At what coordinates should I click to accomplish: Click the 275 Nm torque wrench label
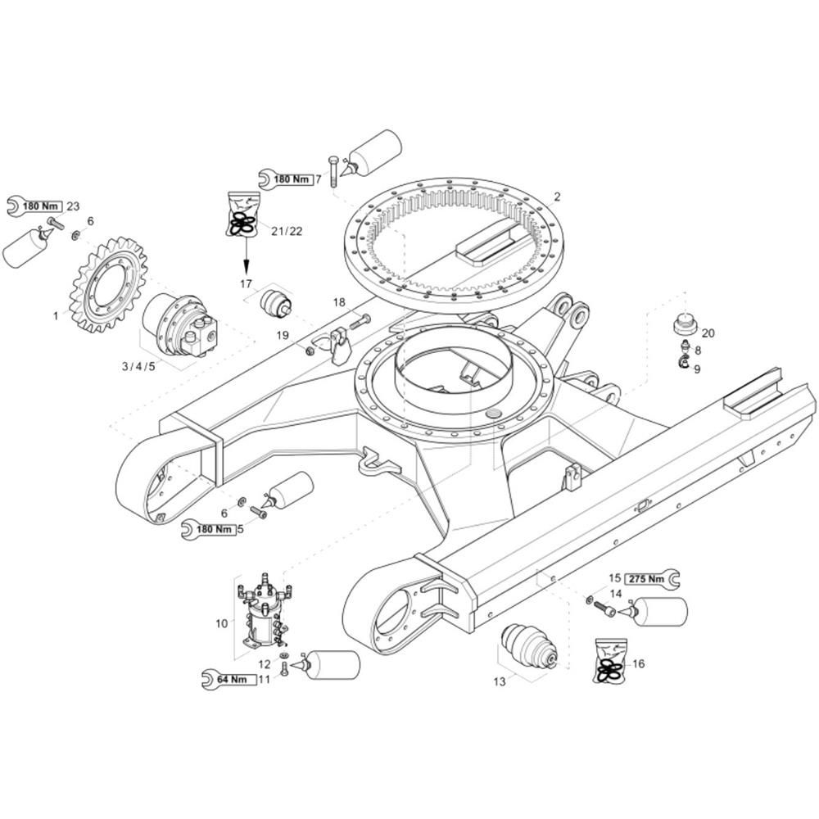pos(652,579)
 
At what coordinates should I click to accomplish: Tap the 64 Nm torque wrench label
pos(230,680)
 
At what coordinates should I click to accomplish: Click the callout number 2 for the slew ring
pos(557,197)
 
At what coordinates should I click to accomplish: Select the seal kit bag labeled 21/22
pos(243,214)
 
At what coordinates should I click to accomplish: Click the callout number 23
pos(73,206)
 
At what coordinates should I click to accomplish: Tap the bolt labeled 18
pos(358,321)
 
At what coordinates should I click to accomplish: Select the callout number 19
pos(282,335)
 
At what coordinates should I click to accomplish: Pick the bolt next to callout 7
pos(334,171)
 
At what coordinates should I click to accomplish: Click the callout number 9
pos(697,369)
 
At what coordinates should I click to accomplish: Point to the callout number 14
pos(616,593)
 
